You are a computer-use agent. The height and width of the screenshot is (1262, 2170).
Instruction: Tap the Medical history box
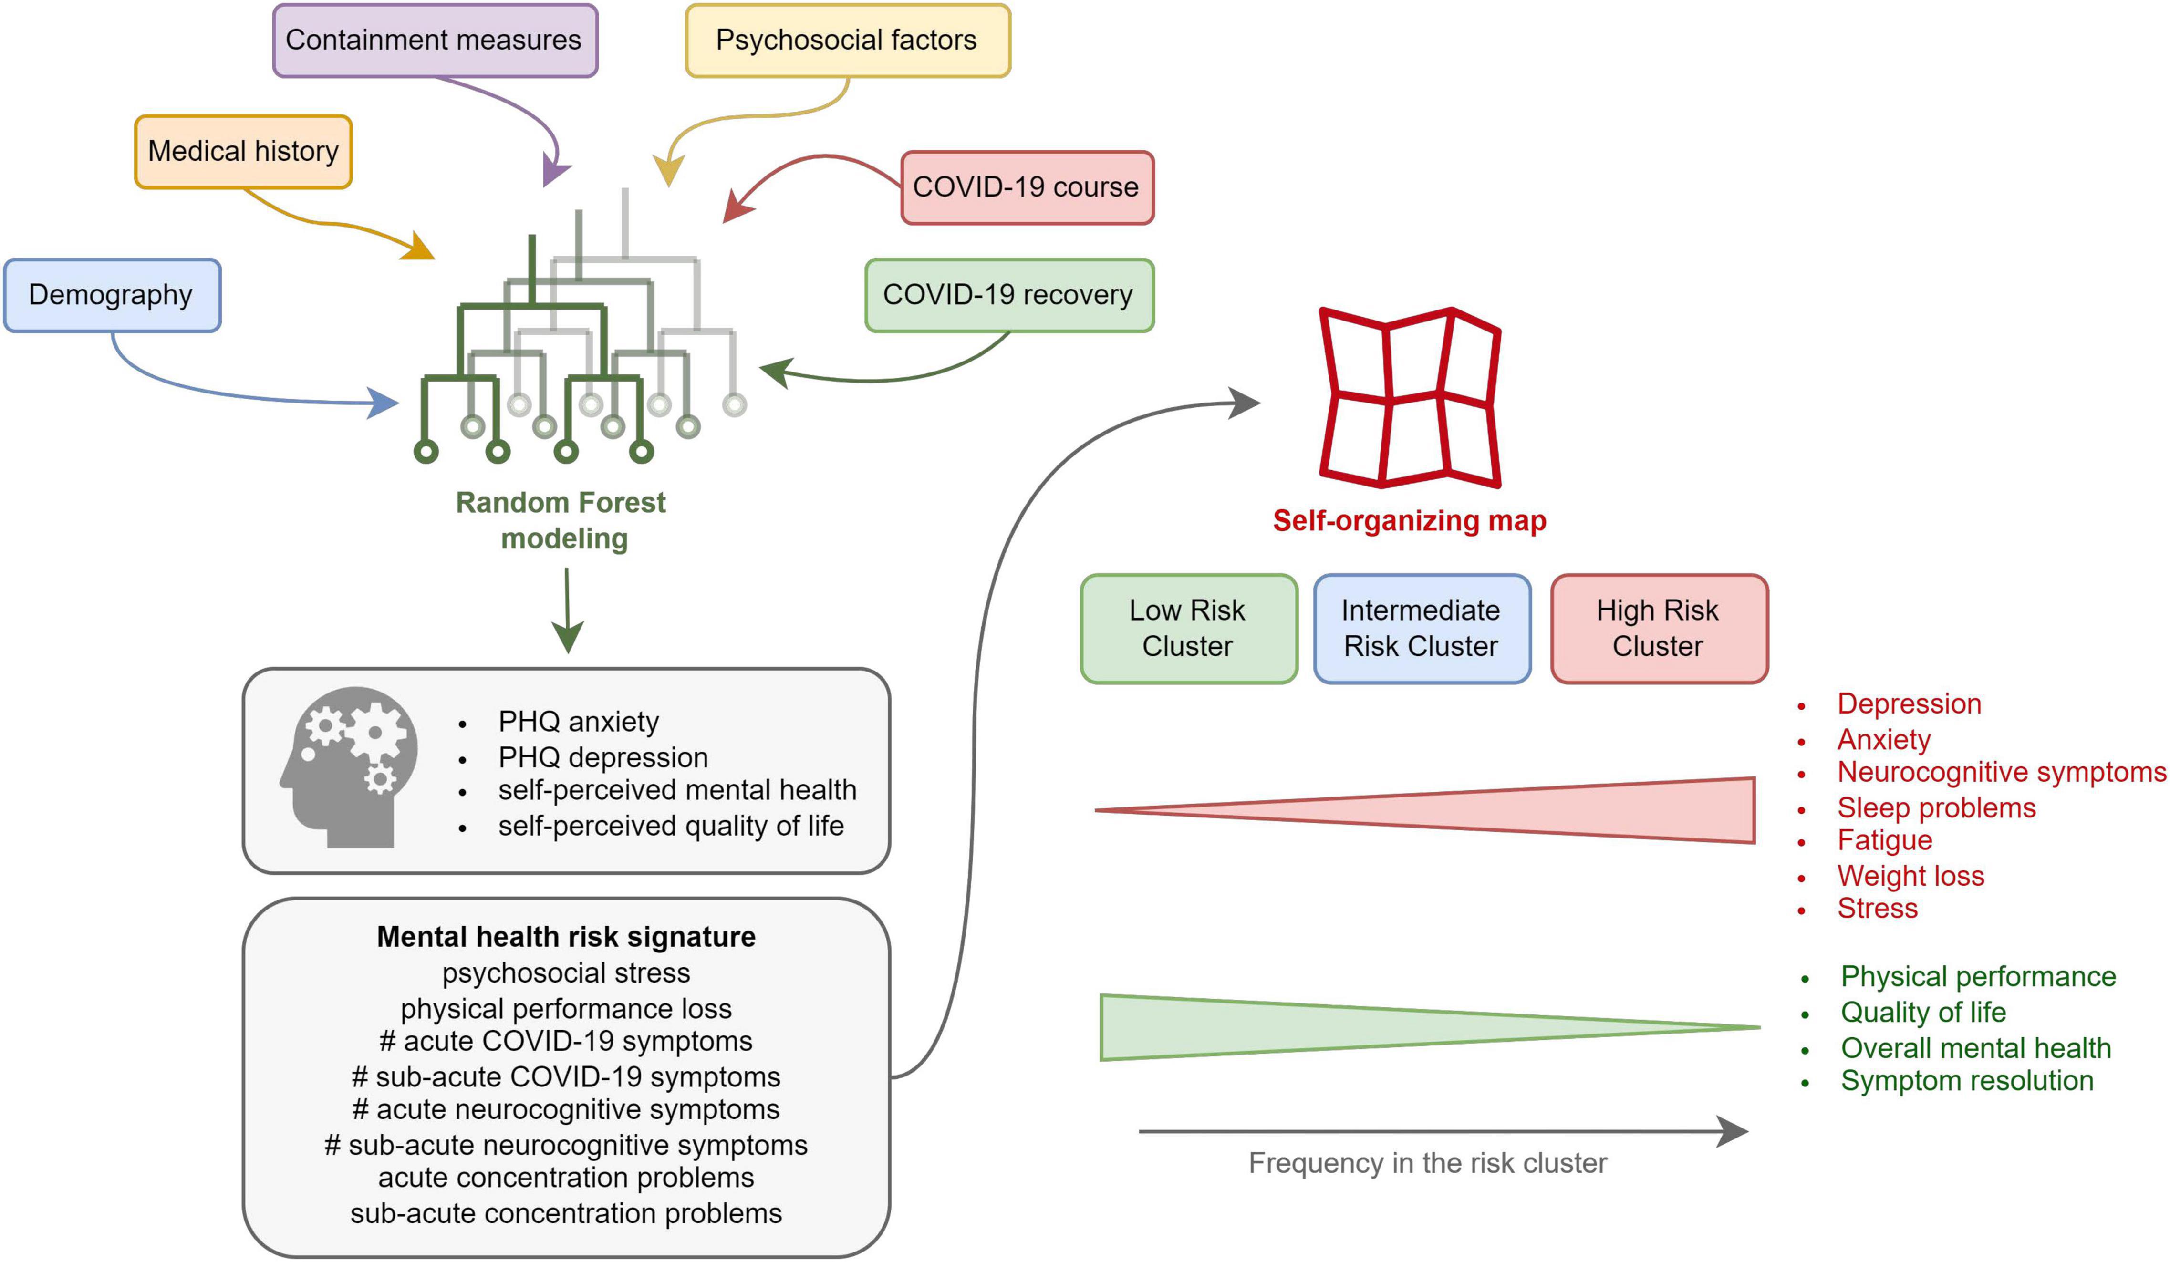coord(243,152)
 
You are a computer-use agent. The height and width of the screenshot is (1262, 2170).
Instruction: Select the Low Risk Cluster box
coord(1188,629)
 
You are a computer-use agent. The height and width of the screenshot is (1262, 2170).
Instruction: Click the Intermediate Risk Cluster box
coord(1422,629)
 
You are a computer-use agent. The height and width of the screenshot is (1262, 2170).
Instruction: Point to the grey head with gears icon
coord(349,767)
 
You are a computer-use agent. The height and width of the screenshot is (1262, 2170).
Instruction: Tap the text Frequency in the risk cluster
coord(1428,1163)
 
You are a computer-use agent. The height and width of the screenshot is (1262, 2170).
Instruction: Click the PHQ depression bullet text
coord(603,757)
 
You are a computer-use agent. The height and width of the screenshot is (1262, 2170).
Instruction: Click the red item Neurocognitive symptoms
coord(2001,772)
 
